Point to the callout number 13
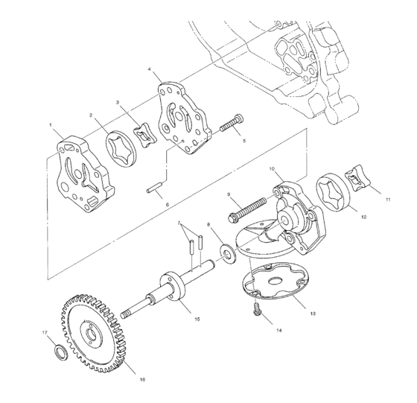click(313, 313)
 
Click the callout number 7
click(179, 223)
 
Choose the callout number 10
click(273, 169)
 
